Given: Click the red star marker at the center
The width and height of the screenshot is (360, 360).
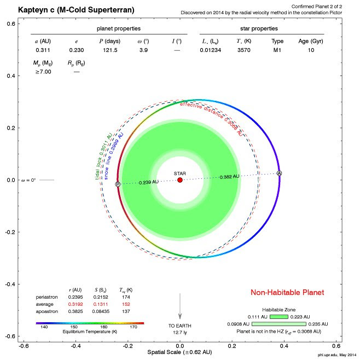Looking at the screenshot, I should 180,180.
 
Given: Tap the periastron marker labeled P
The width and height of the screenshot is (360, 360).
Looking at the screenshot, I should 118,185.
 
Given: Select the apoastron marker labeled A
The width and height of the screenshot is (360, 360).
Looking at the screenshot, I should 279,173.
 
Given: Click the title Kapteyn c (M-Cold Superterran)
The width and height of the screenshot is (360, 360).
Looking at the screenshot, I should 77,10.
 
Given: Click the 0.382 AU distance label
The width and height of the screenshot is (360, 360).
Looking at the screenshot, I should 229,177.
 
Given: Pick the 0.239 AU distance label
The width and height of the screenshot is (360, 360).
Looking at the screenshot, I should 148,182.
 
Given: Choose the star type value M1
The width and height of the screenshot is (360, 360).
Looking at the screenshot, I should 276,50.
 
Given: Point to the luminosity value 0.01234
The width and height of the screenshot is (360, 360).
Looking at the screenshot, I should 212,50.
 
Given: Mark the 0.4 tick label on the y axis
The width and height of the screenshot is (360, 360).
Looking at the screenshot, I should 10,76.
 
